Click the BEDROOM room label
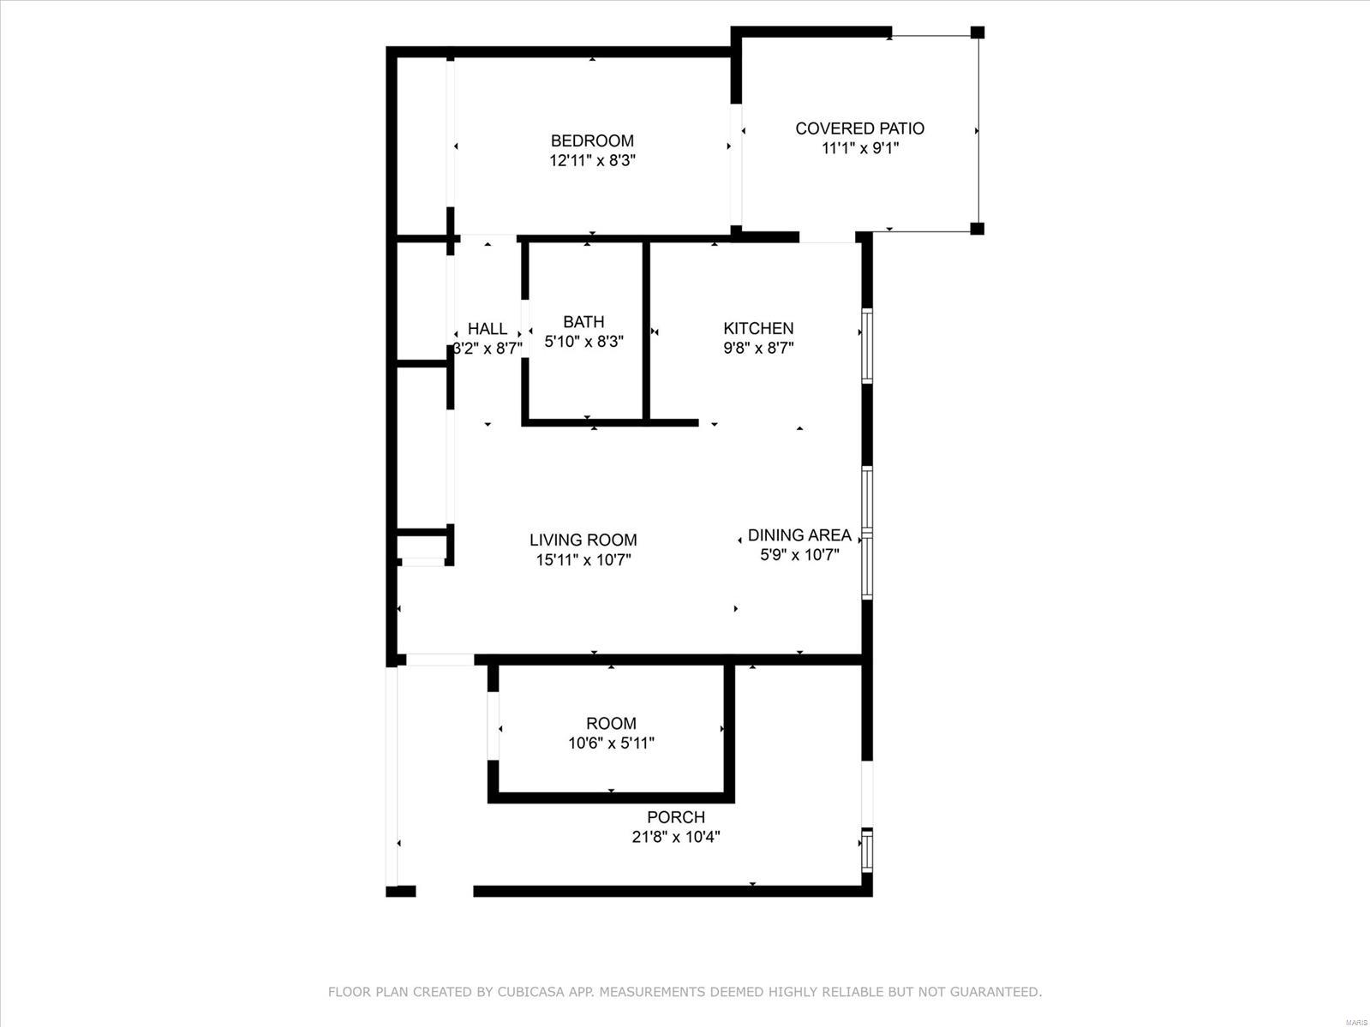click(592, 141)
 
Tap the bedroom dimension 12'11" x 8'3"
click(592, 161)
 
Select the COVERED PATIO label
click(859, 128)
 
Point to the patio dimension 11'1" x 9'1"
click(859, 148)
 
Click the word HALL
click(488, 329)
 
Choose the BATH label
click(583, 322)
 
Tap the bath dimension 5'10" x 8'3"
click(583, 342)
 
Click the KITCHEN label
click(758, 328)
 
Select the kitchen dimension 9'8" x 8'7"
click(758, 348)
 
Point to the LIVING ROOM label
click(583, 540)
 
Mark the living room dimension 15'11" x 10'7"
click(583, 559)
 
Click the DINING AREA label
click(799, 534)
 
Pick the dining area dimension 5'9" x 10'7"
click(799, 555)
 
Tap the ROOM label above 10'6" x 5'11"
click(611, 723)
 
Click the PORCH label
click(675, 817)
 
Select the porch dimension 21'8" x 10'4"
click(675, 837)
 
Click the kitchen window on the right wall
click(867, 345)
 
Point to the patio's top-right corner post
click(978, 33)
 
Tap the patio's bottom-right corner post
click(978, 229)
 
